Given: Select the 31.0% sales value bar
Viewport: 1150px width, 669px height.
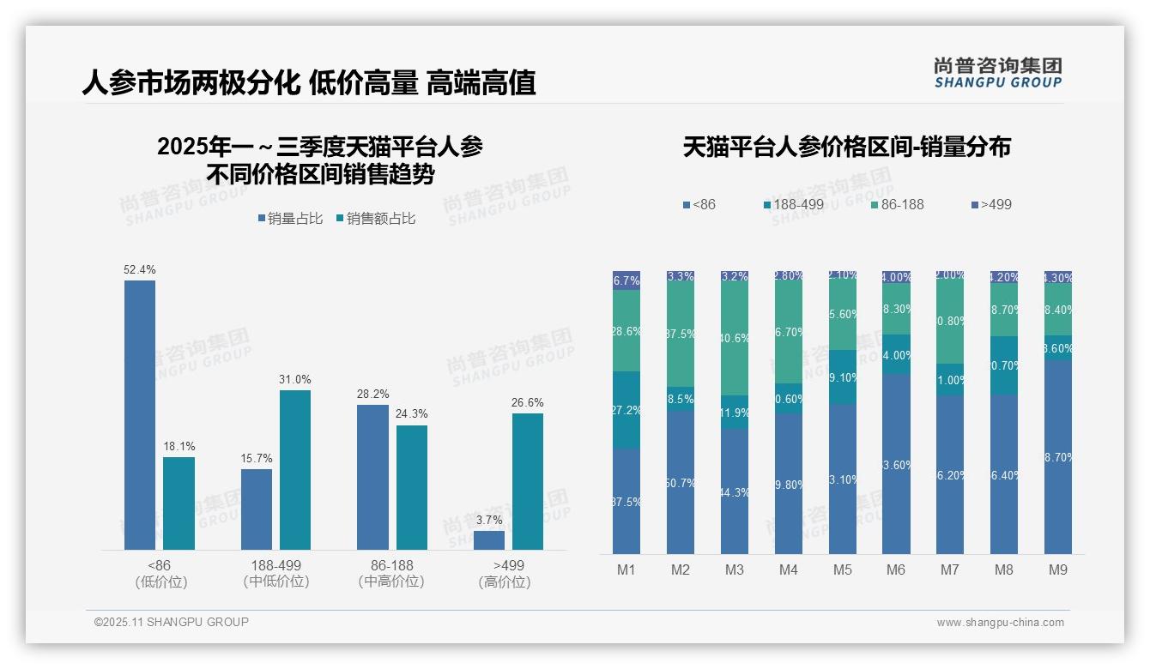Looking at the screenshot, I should [295, 469].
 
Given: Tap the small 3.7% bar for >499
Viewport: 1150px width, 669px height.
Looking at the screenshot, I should [489, 540].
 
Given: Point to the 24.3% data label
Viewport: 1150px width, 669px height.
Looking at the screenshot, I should [412, 414].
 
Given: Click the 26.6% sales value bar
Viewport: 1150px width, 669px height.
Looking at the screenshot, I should [528, 481].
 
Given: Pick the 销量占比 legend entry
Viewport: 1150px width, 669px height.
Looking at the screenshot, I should [290, 219].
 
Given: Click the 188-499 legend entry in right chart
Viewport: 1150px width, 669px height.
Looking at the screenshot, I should [793, 205].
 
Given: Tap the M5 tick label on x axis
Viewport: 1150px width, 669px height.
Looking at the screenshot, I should [842, 570].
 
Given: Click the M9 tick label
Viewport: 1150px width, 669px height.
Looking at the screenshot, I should [1057, 570].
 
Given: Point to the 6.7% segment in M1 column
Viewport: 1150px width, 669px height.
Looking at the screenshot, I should [626, 280].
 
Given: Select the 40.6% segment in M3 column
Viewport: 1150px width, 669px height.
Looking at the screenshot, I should [735, 338].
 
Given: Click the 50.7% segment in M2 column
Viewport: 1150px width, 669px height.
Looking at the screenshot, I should [681, 483].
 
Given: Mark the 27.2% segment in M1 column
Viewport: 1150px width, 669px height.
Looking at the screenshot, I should [626, 410].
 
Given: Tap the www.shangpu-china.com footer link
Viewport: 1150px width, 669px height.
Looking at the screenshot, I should [1000, 623].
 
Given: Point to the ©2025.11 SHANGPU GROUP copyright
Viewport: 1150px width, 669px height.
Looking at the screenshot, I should [172, 622].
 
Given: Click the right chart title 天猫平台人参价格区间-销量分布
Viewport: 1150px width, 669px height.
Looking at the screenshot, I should [846, 147].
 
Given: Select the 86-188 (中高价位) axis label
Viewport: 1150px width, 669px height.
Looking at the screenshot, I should [391, 574].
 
